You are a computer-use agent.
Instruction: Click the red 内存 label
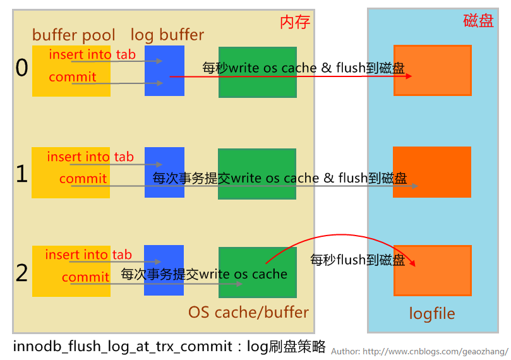pyautogui.click(x=295, y=22)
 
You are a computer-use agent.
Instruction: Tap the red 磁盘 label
pyautogui.click(x=478, y=20)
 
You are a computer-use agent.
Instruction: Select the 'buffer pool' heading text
pyautogui.click(x=74, y=35)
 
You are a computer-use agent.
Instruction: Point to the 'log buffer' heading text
pyautogui.click(x=167, y=35)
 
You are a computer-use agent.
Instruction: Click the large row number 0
pyautogui.click(x=22, y=68)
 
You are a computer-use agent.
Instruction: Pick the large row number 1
pyautogui.click(x=22, y=173)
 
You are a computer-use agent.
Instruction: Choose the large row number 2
pyautogui.click(x=22, y=272)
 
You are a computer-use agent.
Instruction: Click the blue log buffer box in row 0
pyautogui.click(x=164, y=71)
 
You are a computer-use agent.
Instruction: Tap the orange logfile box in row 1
pyautogui.click(x=432, y=172)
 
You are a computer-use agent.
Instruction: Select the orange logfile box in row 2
pyautogui.click(x=433, y=270)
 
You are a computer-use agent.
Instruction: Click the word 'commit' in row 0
pyautogui.click(x=73, y=77)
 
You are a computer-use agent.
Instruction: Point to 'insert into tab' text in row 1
pyautogui.click(x=90, y=157)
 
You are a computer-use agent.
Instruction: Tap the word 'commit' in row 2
pyautogui.click(x=85, y=277)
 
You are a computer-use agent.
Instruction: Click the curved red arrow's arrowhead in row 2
pyautogui.click(x=413, y=263)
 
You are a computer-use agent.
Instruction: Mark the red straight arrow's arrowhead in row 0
pyautogui.click(x=409, y=76)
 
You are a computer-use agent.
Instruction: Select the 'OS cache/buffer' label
pyautogui.click(x=248, y=312)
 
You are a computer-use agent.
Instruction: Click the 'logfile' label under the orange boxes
pyautogui.click(x=432, y=314)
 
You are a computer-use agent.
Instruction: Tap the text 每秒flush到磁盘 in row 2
pyautogui.click(x=358, y=260)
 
